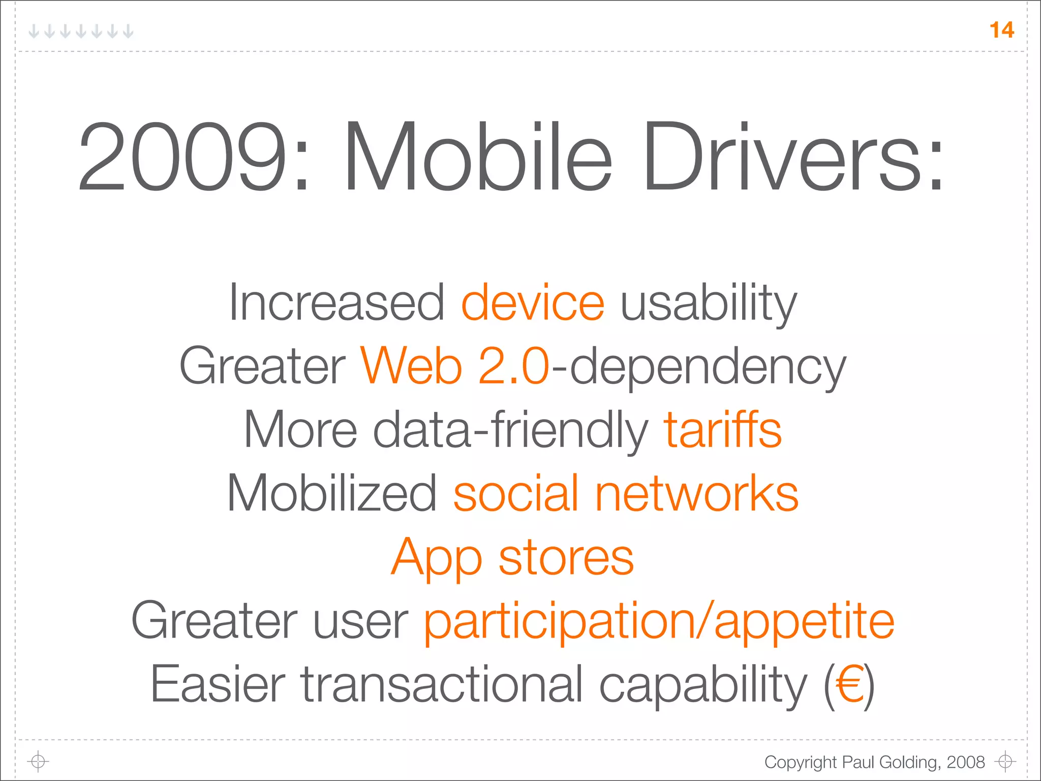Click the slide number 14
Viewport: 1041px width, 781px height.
pyautogui.click(x=1002, y=30)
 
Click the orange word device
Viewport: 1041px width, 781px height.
pyautogui.click(x=533, y=303)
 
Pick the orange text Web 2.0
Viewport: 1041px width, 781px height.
pyautogui.click(x=455, y=366)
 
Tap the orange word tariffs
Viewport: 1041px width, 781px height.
pyautogui.click(x=722, y=430)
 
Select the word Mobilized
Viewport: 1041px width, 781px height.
pyautogui.click(x=331, y=493)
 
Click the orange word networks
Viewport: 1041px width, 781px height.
pyautogui.click(x=696, y=493)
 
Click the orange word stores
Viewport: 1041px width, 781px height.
pyautogui.click(x=566, y=558)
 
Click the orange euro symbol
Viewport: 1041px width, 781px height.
pyautogui.click(x=849, y=684)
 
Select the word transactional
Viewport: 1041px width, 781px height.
pyautogui.click(x=441, y=684)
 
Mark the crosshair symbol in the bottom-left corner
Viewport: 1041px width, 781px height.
pyautogui.click(x=38, y=761)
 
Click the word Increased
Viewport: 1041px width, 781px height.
pyautogui.click(x=336, y=303)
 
